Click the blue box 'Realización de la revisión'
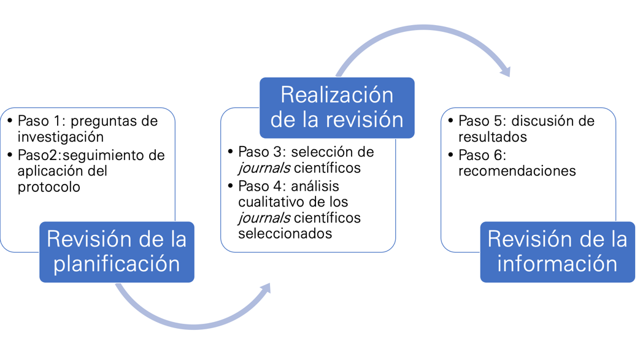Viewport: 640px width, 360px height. tap(337, 107)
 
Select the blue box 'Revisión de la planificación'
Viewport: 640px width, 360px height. tap(117, 251)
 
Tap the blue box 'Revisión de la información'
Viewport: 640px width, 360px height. tap(557, 251)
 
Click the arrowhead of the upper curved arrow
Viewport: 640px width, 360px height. tap(505, 71)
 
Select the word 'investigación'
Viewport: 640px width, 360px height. tap(60, 137)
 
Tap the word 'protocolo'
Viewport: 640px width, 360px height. tap(48, 187)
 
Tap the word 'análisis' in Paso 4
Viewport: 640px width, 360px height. tap(315, 185)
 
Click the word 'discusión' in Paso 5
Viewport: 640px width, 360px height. tap(548, 121)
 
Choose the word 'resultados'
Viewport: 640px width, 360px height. tap(493, 137)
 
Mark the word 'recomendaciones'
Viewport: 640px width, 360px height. tap(517, 171)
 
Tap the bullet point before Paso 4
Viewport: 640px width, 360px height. tap(230, 185)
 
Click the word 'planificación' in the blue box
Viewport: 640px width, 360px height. tap(117, 264)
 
